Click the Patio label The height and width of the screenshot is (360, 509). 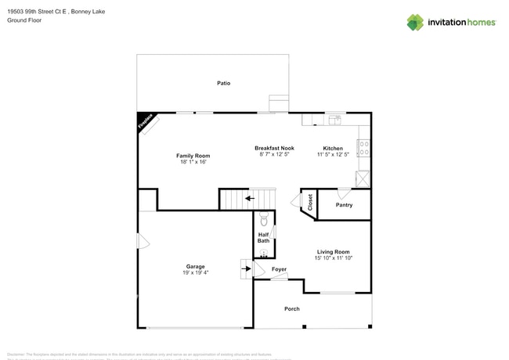tap(223, 83)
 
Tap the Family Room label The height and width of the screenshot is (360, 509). tap(193, 156)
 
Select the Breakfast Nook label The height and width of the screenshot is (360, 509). tap(274, 148)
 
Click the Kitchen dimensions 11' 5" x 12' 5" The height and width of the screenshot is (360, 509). tap(333, 155)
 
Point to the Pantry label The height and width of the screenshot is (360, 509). tap(344, 205)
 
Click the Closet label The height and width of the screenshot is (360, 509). tap(310, 202)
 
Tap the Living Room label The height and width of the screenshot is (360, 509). tap(333, 252)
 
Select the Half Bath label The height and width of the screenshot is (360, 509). tap(264, 237)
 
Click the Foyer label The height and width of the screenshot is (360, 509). tap(279, 269)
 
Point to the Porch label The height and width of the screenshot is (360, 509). tap(291, 309)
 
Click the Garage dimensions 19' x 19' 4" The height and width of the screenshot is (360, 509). tap(195, 273)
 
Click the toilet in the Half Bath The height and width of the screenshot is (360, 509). tap(264, 220)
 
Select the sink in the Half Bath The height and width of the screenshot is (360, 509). tap(264, 253)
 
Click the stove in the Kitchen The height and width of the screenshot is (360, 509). tap(363, 148)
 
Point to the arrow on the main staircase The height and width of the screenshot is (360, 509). tap(249, 199)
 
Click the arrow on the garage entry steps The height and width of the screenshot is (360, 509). tap(247, 269)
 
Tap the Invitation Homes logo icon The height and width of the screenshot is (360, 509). tap(415, 22)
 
